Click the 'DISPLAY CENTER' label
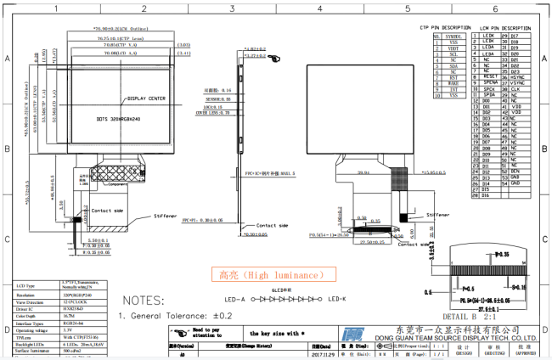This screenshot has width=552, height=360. pyautogui.click(x=146, y=98)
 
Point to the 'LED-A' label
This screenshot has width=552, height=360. pyautogui.click(x=235, y=300)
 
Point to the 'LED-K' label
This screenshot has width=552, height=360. pyautogui.click(x=338, y=300)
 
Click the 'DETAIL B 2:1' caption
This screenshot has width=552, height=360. pyautogui.click(x=487, y=317)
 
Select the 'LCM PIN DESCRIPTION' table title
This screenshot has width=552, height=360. pyautogui.click(x=506, y=27)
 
